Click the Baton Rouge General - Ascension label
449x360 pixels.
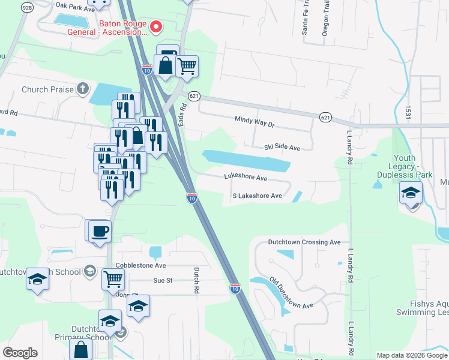(x=124, y=31)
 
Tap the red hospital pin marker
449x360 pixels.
(x=156, y=26)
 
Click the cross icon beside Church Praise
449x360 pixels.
(x=82, y=90)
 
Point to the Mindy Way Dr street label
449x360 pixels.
(x=254, y=123)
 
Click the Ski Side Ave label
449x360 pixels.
(x=282, y=147)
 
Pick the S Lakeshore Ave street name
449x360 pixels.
(x=257, y=196)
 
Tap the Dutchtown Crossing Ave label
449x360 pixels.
(x=304, y=242)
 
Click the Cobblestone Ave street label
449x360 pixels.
(x=143, y=265)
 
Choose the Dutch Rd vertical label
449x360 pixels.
(x=196, y=280)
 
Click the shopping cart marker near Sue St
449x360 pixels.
(x=112, y=278)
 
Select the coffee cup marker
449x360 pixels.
(x=100, y=230)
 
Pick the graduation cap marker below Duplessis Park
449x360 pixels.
(x=411, y=193)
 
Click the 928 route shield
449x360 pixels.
(x=26, y=7)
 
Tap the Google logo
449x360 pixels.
(x=20, y=352)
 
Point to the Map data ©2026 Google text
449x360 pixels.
(x=411, y=355)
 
